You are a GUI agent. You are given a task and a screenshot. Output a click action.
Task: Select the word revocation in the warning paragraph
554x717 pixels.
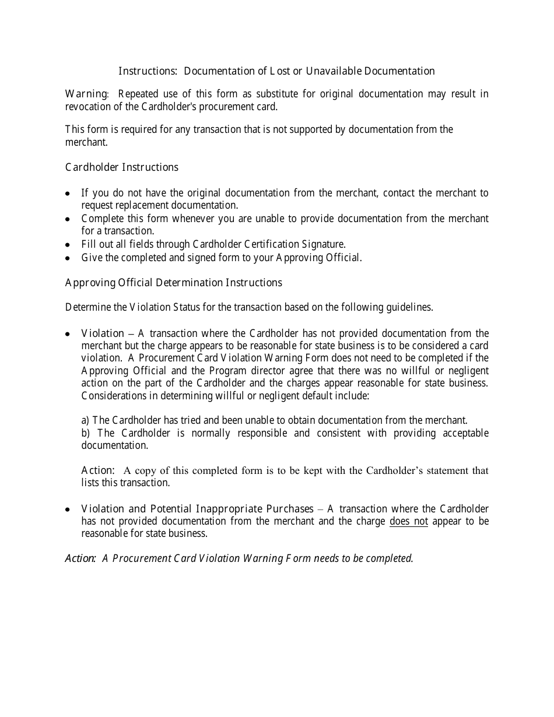coord(89,107)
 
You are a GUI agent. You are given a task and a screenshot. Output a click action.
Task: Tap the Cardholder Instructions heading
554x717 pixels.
coord(121,167)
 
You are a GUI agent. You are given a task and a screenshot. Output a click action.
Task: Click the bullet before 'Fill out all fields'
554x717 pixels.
coord(68,245)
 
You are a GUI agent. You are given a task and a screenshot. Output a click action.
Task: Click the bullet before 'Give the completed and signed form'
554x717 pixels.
coord(68,258)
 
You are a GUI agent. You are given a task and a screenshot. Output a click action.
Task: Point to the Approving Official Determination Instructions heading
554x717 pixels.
coord(173,283)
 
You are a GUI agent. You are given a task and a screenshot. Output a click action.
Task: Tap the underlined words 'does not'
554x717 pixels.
coord(408,521)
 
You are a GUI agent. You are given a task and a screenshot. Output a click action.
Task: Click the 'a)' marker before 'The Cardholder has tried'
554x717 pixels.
coord(86,420)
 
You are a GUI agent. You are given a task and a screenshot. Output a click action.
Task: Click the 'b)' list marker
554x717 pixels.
coord(86,433)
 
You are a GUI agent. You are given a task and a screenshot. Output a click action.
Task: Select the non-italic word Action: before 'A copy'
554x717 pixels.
coord(97,470)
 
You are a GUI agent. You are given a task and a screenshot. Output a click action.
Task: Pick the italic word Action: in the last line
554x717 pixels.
coord(80,558)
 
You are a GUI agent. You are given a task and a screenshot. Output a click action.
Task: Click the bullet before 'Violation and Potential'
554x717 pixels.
coord(68,509)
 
